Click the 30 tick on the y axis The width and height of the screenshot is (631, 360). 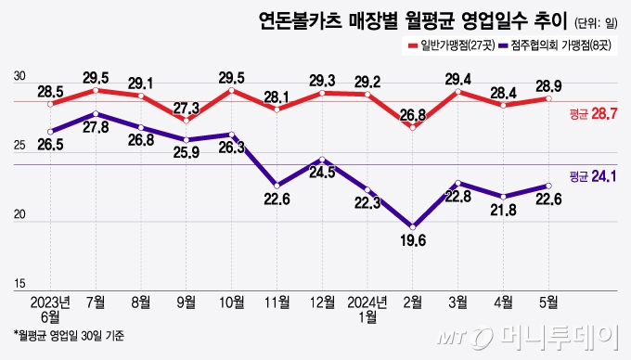[x=19, y=77]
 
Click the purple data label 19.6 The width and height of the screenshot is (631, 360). [x=413, y=240]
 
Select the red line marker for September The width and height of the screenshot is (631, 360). [x=186, y=121]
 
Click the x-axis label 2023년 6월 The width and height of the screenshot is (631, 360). [x=50, y=310]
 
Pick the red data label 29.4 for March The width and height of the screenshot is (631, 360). [x=458, y=79]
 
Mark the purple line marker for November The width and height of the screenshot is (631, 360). [x=277, y=186]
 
